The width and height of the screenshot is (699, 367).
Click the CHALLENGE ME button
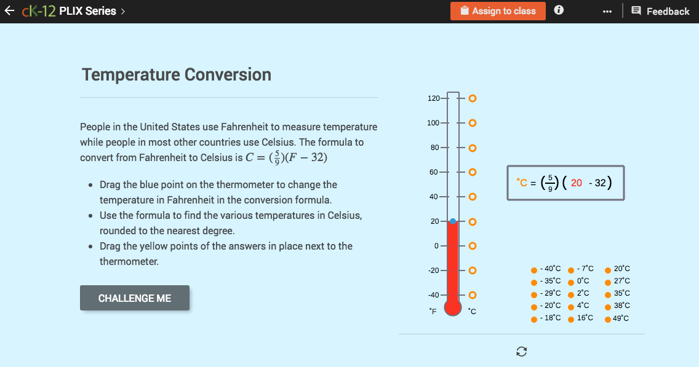coord(135,298)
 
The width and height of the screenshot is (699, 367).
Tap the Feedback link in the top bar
coord(660,11)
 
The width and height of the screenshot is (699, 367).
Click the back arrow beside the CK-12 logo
coord(9,11)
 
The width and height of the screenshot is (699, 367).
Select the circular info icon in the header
coord(559,10)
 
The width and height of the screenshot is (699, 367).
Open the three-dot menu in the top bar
coord(607,12)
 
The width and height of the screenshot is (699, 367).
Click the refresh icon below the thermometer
coord(522,351)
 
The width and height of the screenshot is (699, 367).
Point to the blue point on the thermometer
coord(453,221)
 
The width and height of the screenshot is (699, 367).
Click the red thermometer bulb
coord(453,306)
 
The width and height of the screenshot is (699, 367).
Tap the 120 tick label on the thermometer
coord(433,98)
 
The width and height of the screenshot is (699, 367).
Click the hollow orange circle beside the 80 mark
coord(473,148)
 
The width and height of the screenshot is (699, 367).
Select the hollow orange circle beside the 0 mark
coord(473,246)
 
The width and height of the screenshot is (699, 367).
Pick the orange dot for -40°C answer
coord(534,269)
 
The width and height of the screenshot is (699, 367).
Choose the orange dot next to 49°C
coord(608,318)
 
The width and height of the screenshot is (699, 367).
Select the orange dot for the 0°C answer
coord(571,282)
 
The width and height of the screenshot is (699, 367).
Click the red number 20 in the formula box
coord(577,183)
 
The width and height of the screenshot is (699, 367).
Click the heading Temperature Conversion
coord(177,75)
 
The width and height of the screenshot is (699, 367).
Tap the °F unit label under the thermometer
coord(433,312)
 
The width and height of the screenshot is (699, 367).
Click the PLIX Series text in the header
coord(87,11)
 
